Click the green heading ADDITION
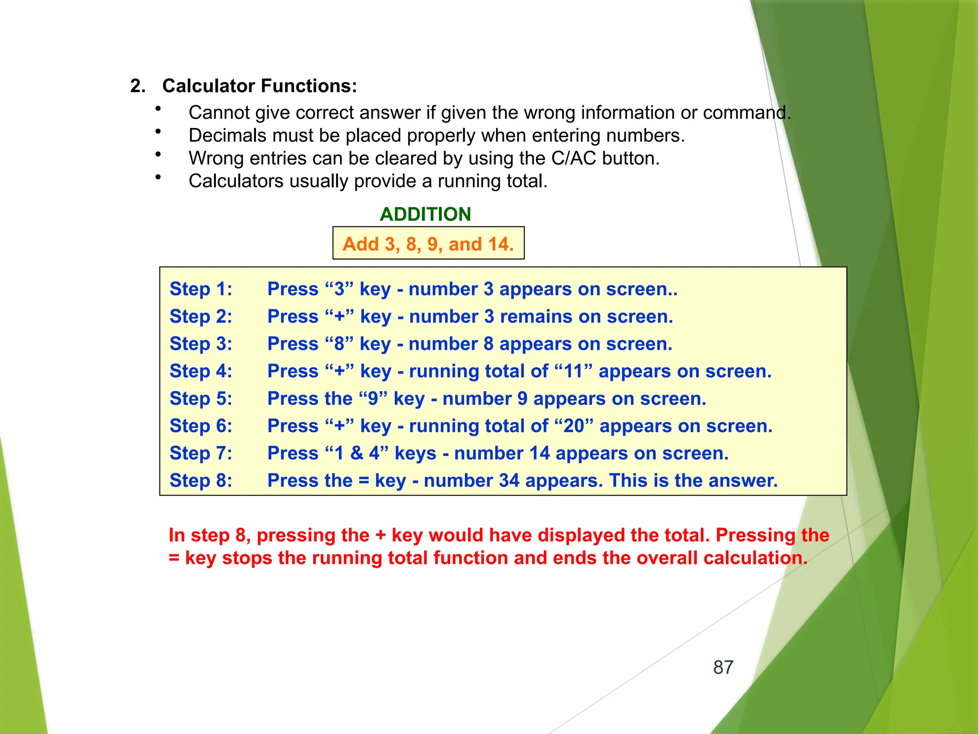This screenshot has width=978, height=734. [x=425, y=214]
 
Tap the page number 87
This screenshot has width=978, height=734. [x=723, y=668]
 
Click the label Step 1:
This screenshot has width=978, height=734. [x=201, y=289]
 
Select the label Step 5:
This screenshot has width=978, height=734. [x=201, y=399]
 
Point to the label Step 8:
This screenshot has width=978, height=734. [x=201, y=481]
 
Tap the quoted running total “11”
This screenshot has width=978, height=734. [x=574, y=371]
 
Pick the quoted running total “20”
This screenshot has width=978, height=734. [x=574, y=426]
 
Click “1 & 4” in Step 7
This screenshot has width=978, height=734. [x=356, y=453]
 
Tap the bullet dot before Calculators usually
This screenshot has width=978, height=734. [x=158, y=177]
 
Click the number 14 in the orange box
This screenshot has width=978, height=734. [x=499, y=244]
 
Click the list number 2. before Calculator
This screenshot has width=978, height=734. [x=138, y=86]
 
